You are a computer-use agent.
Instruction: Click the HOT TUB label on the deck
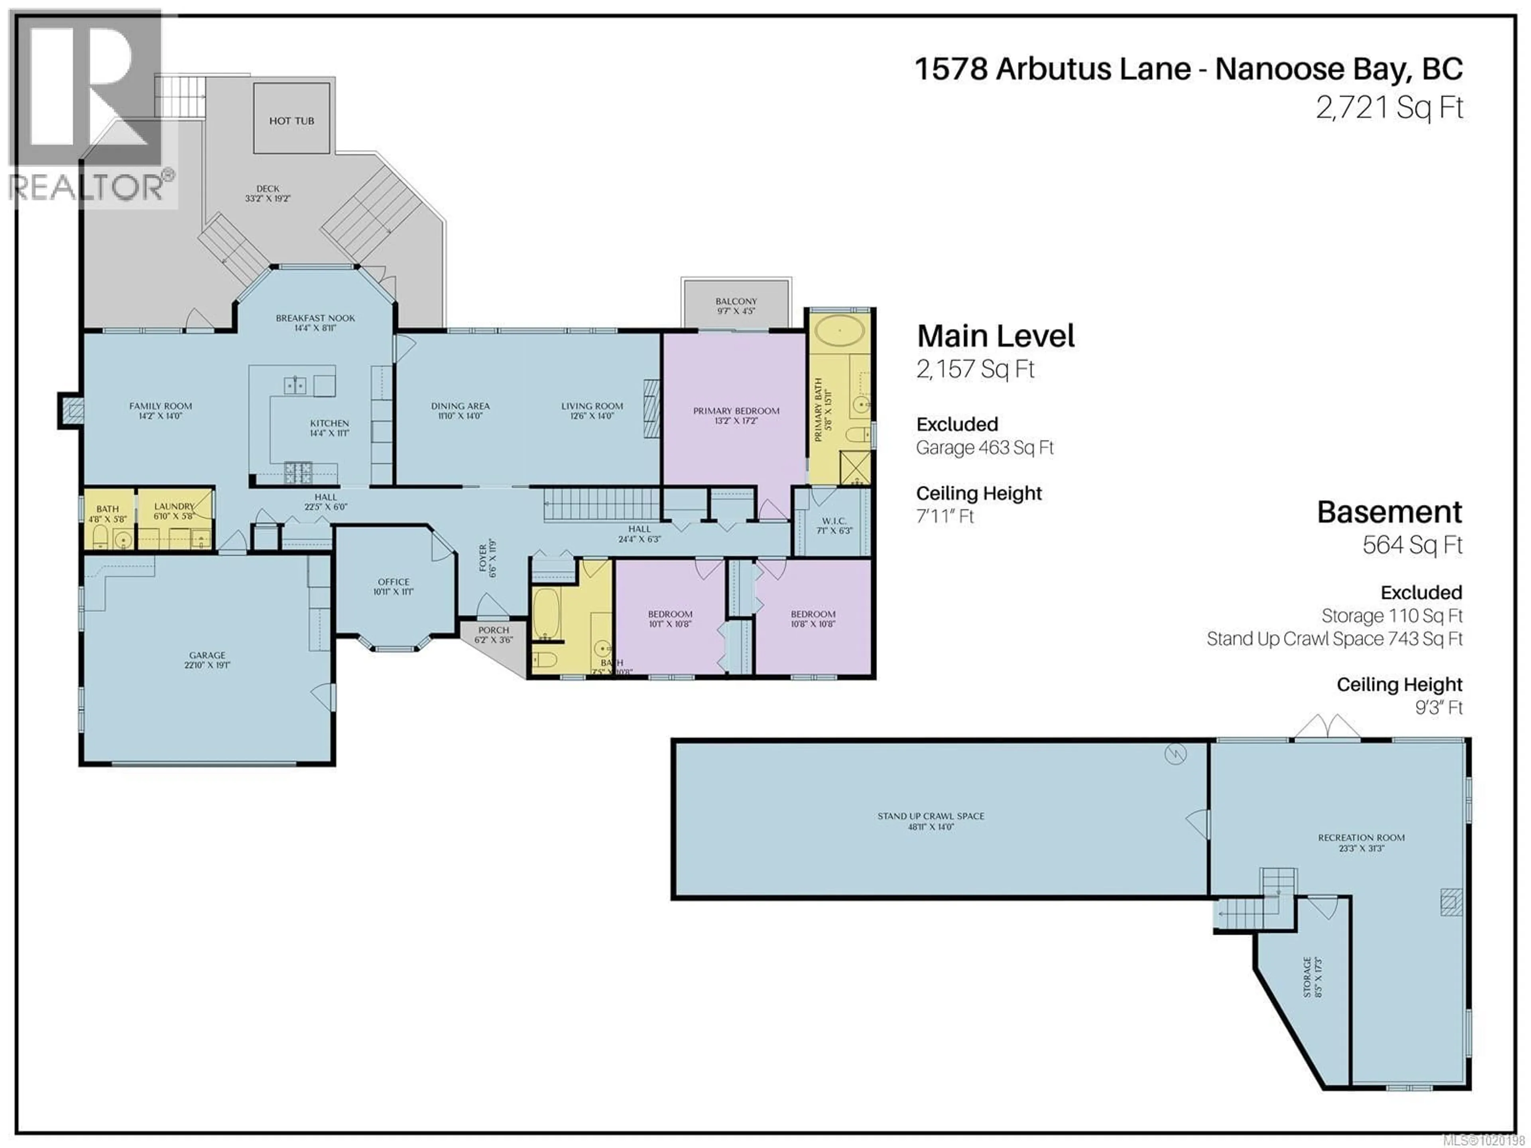point(291,121)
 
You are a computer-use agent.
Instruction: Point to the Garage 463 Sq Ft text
point(984,448)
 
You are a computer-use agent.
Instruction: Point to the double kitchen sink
point(295,385)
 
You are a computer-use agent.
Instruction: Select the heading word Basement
point(1389,512)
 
